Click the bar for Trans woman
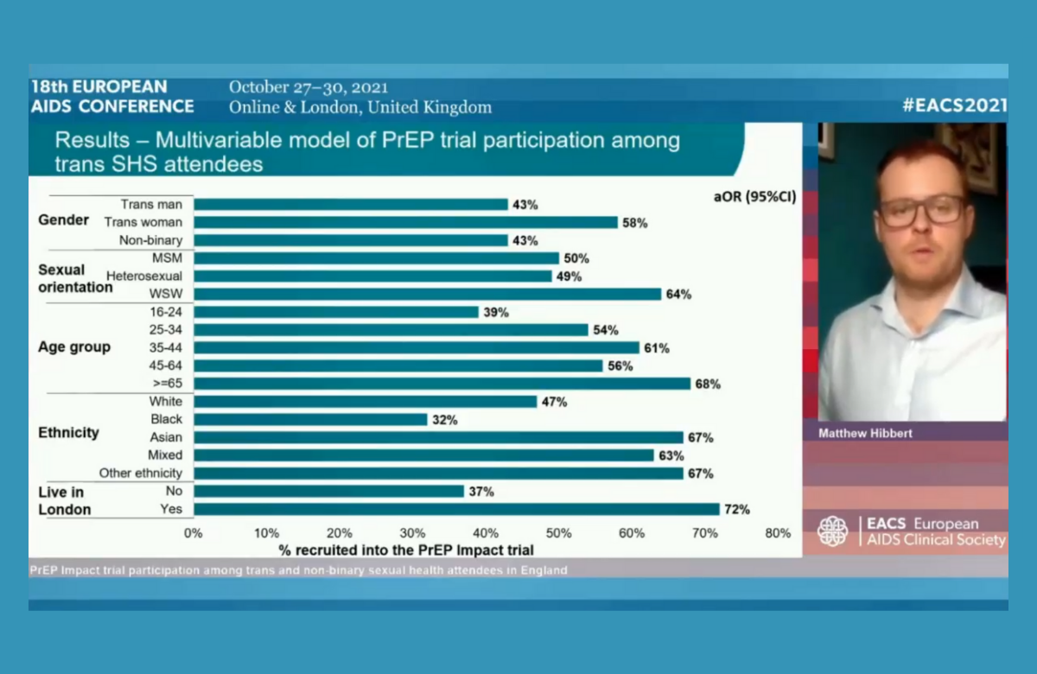click(405, 222)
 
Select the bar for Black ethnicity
click(310, 419)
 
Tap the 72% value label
click(737, 510)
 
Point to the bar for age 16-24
click(336, 312)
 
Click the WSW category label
click(169, 294)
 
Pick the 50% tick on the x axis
click(559, 533)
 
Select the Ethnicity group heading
click(68, 432)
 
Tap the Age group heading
click(74, 347)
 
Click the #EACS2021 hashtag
click(955, 105)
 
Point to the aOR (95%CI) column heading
click(748, 196)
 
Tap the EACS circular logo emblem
click(833, 531)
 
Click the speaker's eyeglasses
click(921, 210)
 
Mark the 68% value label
click(708, 384)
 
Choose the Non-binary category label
click(151, 240)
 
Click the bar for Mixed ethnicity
click(423, 455)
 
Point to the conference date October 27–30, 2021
click(308, 87)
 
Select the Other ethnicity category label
click(141, 474)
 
